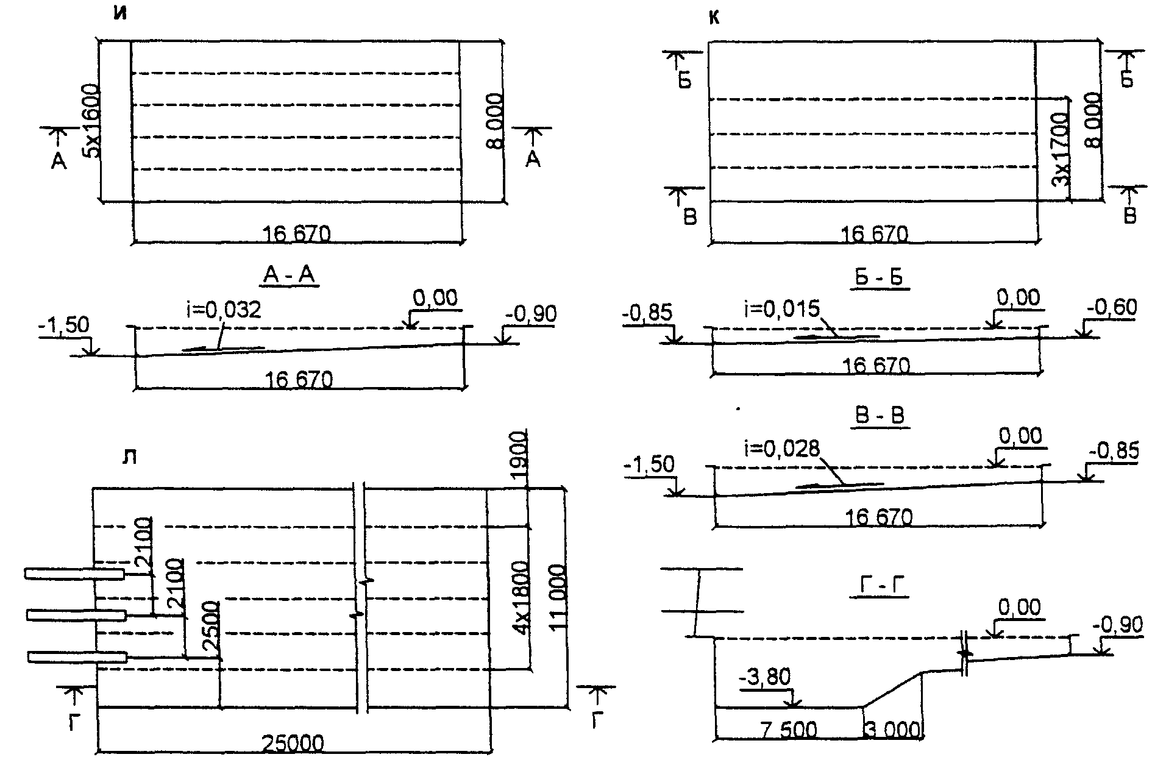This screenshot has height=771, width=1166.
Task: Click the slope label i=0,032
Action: click(223, 310)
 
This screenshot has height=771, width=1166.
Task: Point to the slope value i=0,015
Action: click(782, 309)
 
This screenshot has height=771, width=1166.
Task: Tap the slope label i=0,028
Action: click(782, 449)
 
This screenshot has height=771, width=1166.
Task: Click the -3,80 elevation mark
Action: click(764, 677)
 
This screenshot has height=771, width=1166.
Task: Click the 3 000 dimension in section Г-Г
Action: click(892, 730)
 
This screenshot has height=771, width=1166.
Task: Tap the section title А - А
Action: click(288, 276)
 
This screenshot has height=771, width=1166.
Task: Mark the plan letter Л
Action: click(129, 457)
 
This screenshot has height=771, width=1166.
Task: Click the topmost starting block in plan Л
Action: click(74, 574)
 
